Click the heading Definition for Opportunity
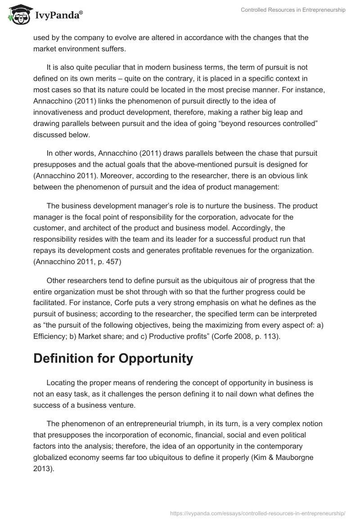[x=113, y=359]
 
